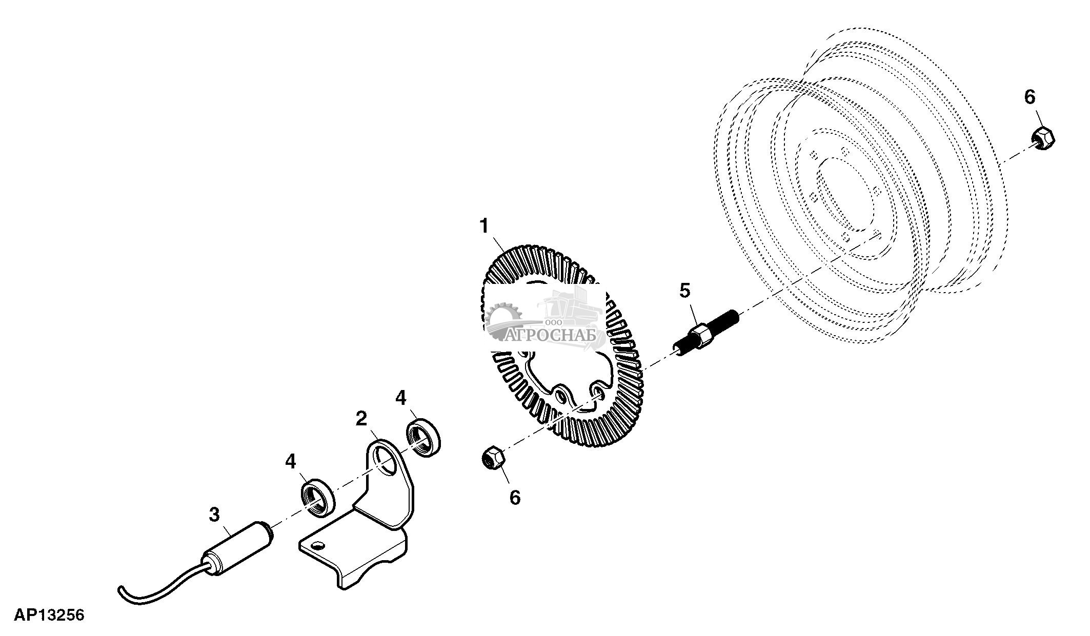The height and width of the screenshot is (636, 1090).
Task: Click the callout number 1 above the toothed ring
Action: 485,226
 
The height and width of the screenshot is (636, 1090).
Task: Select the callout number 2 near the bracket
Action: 361,419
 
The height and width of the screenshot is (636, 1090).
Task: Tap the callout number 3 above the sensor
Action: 214,514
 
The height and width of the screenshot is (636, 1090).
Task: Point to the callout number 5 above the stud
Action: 685,291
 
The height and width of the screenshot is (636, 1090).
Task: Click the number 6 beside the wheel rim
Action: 1030,97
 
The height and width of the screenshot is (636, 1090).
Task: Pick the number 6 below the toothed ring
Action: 515,497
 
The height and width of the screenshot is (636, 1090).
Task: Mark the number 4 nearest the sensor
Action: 290,462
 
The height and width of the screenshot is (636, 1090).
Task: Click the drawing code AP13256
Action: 49,615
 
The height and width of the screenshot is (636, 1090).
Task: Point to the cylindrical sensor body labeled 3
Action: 238,553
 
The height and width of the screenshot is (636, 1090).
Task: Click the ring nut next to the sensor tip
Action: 317,496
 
